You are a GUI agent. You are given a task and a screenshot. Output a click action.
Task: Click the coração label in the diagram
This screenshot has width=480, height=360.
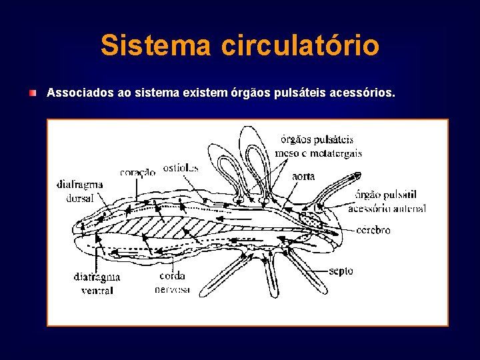pyautogui.click(x=137, y=172)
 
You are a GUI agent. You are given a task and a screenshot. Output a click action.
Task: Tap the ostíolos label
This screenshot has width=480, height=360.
pyautogui.click(x=180, y=167)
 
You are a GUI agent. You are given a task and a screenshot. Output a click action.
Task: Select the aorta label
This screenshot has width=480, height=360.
pyautogui.click(x=303, y=177)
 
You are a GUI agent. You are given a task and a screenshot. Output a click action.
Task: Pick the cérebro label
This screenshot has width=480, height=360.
pyautogui.click(x=373, y=230)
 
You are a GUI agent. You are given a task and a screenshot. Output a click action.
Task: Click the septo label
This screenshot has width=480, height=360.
pyautogui.click(x=341, y=271)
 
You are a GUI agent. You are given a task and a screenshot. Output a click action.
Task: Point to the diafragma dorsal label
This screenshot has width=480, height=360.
pyautogui.click(x=79, y=189)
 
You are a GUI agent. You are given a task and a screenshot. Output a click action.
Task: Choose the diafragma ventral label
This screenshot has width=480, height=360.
pyautogui.click(x=97, y=283)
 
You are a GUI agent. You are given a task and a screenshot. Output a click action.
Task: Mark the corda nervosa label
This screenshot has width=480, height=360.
pyautogui.click(x=172, y=283)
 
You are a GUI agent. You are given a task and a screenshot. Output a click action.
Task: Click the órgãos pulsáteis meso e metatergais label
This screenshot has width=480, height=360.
pyautogui.click(x=318, y=146)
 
